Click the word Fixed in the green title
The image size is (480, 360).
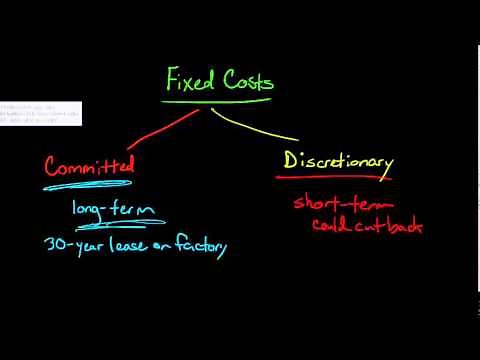point(189,80)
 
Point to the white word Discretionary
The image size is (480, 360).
point(338,161)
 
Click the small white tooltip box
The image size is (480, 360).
point(41,113)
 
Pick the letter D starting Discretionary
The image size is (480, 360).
point(292,160)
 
